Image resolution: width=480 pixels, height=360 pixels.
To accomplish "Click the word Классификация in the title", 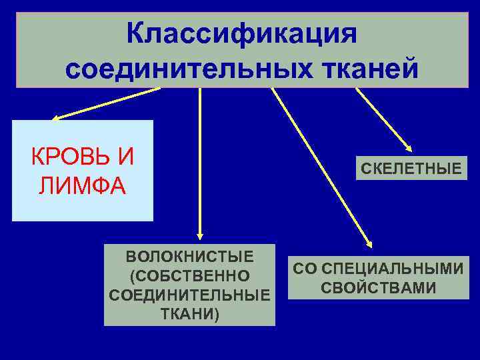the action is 242,33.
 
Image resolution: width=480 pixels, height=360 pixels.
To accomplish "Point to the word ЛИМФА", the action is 81,185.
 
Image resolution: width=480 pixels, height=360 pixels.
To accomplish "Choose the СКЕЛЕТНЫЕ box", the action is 411,169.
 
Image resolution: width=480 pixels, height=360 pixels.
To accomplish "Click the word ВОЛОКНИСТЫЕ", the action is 189,257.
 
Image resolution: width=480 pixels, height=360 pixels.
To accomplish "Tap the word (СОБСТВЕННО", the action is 189,275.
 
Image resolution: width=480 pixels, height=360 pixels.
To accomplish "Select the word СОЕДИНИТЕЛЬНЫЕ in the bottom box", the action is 189,294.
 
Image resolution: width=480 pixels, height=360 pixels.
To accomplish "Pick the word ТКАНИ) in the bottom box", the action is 189,313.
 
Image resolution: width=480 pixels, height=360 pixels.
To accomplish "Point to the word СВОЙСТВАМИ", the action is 378,288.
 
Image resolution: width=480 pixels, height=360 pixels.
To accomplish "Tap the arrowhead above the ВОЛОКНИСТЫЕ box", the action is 199,234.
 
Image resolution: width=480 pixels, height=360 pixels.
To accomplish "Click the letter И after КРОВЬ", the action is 123,157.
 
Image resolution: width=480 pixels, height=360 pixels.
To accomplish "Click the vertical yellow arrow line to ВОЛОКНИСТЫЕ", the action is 199,160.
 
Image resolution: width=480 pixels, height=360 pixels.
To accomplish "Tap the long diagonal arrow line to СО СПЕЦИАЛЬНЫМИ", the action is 320,167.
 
